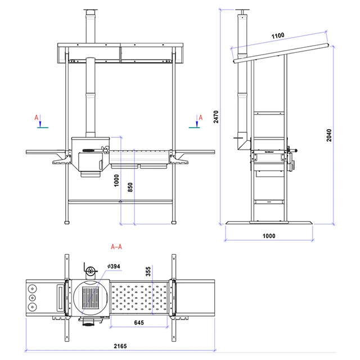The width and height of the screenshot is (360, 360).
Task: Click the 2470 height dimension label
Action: tap(216, 117)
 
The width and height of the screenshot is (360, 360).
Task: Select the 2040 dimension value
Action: tap(329, 135)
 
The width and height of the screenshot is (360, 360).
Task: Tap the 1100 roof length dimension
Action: tap(278, 36)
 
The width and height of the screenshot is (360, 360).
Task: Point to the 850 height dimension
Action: tap(130, 187)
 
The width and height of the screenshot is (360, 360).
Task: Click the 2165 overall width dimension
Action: tap(120, 346)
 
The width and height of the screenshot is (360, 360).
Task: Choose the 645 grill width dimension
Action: tap(139, 322)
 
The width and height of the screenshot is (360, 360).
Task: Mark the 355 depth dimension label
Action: tap(148, 271)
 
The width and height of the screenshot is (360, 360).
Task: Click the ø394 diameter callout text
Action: tap(114, 266)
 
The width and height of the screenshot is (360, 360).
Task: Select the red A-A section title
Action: tap(116, 247)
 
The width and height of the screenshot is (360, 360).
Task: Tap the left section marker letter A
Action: tap(36, 118)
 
